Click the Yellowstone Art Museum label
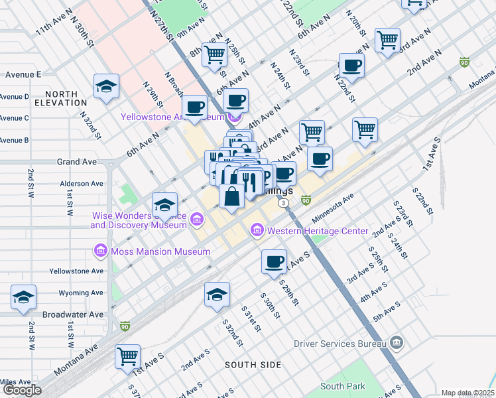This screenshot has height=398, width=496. click(171, 117)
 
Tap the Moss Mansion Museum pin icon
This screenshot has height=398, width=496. click(100, 251)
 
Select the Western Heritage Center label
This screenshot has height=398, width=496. click(317, 231)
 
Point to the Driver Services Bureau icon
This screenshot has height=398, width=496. click(397, 343)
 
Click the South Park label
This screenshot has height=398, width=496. click(342, 386)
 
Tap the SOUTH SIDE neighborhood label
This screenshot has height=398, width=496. click(253, 365)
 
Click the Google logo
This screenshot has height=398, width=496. click(22, 390)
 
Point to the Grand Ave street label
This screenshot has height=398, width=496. click(77, 162)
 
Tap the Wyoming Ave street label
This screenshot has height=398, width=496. click(81, 293)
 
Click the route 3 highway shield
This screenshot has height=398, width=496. click(283, 203)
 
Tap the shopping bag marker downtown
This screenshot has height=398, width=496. click(231, 197)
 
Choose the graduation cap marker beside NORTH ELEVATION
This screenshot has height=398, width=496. click(106, 86)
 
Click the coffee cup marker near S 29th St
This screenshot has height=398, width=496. click(274, 261)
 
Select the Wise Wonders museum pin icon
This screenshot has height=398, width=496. click(197, 219)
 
